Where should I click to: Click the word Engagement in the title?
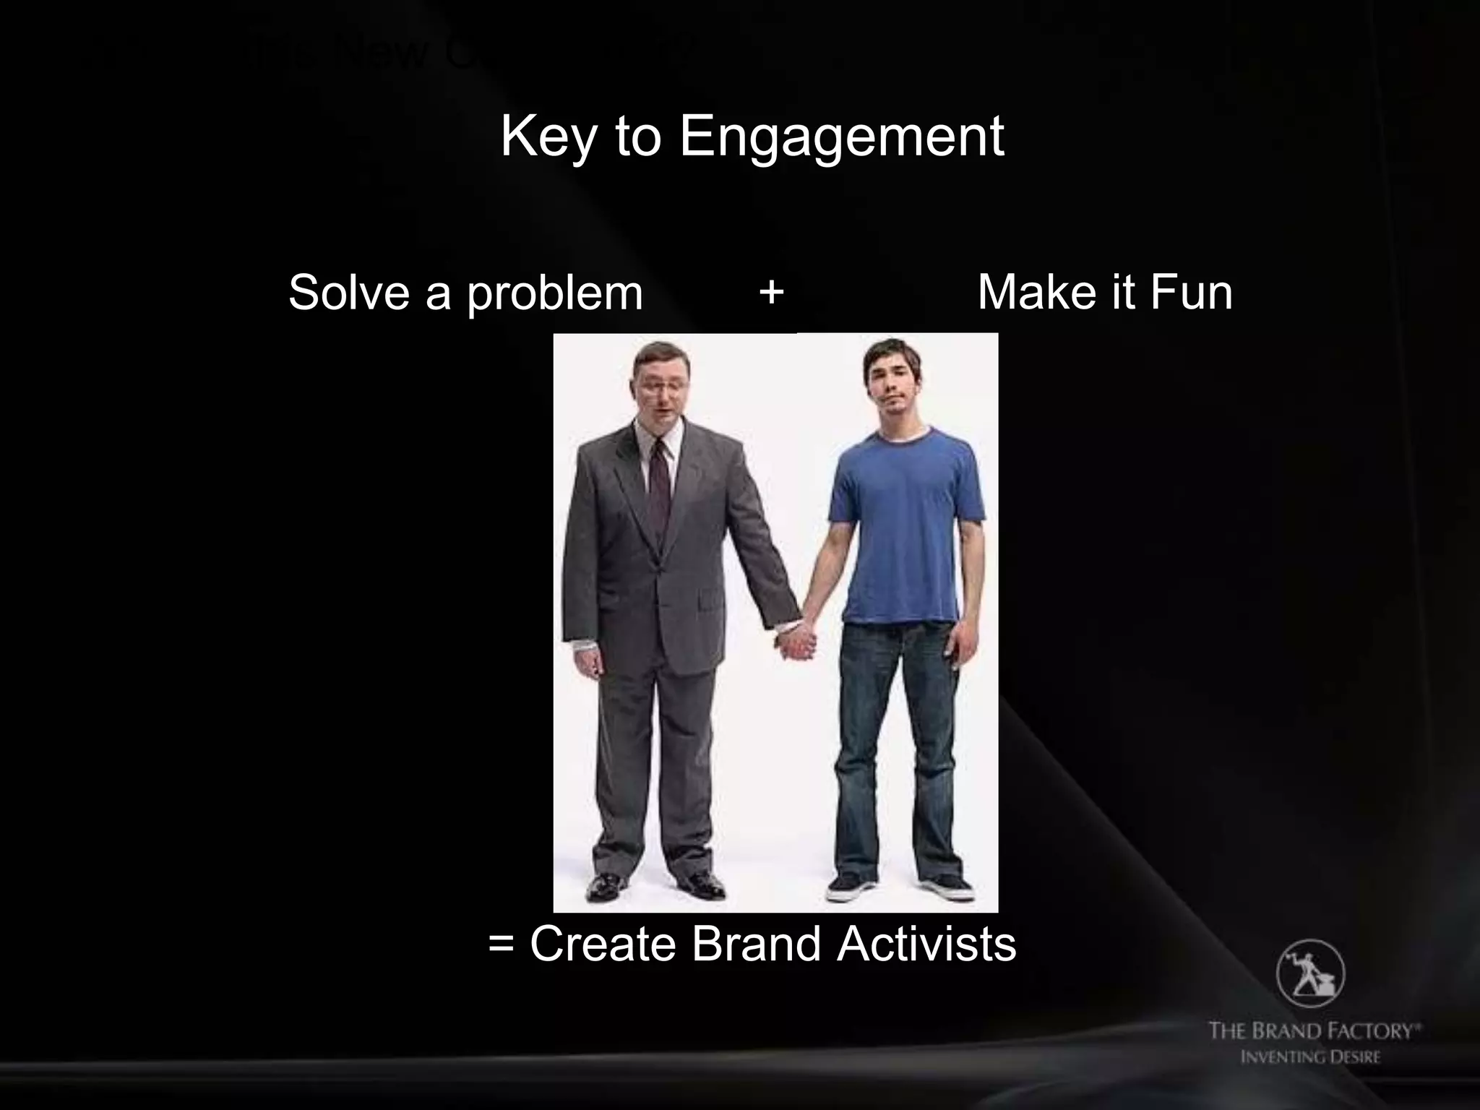pos(841,137)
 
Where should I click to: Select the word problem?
pos(554,293)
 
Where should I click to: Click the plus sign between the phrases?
pos(772,292)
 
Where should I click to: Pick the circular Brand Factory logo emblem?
pos(1310,973)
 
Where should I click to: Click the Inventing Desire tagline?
pos(1310,1057)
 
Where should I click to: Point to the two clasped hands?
pos(796,641)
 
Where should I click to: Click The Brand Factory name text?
pos(1313,1031)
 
